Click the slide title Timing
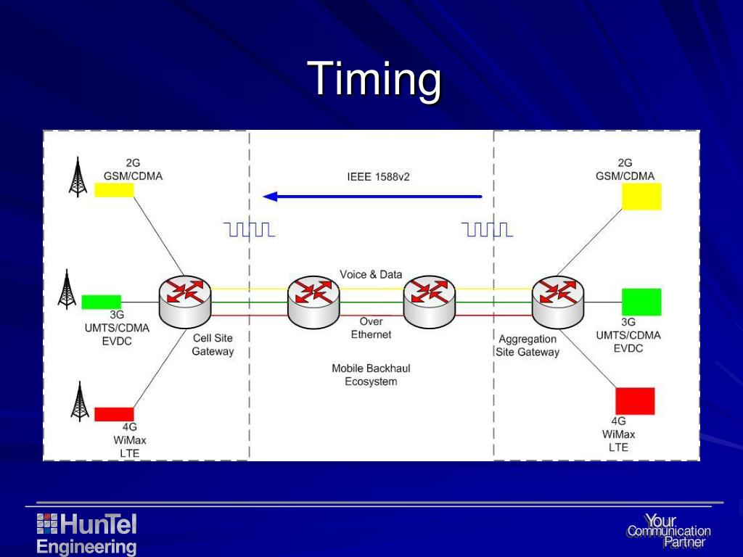(374, 80)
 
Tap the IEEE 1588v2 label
(378, 176)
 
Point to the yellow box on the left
(114, 189)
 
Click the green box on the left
(101, 302)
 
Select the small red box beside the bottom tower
(114, 414)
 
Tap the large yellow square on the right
(641, 197)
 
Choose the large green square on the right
(641, 302)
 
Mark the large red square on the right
(635, 401)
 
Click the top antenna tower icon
(78, 177)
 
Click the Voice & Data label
(371, 275)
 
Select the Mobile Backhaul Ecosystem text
(371, 375)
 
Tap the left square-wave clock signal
(250, 230)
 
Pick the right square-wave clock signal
(488, 230)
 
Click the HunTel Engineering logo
(86, 534)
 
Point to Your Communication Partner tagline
(668, 532)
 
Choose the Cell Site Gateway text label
(213, 344)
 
